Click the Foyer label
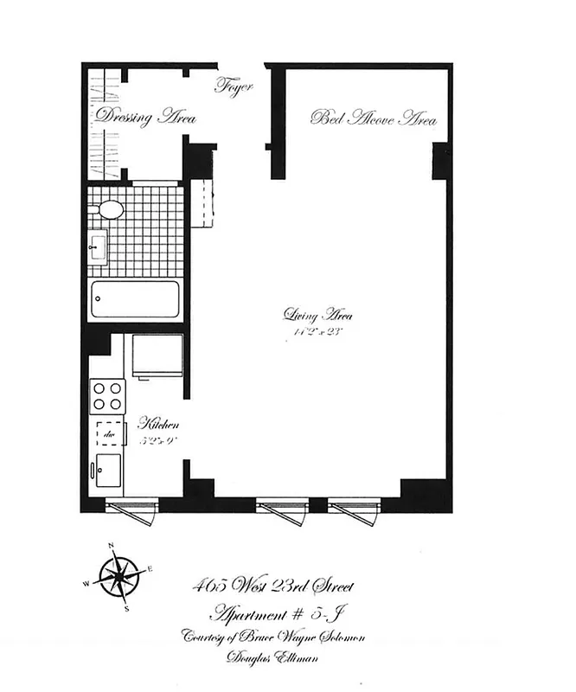coord(233,86)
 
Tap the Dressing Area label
coord(145,118)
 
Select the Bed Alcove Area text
coord(374,119)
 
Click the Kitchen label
coord(159,425)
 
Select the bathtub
coord(135,300)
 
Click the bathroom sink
coord(97,247)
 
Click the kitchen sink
coord(109,470)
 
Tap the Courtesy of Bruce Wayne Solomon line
coord(275,638)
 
